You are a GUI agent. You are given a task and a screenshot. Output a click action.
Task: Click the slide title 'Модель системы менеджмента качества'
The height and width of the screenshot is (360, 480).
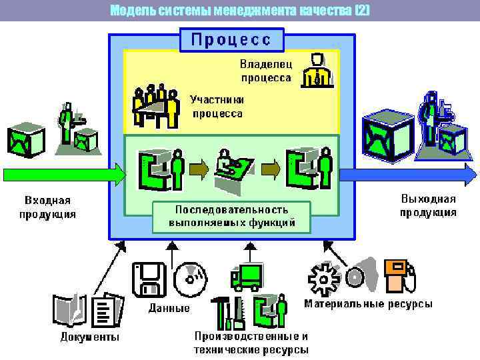[239, 10]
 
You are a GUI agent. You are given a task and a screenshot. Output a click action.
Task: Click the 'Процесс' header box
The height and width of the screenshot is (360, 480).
[231, 39]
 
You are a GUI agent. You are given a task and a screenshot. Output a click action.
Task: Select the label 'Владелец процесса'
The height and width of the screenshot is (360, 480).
[265, 71]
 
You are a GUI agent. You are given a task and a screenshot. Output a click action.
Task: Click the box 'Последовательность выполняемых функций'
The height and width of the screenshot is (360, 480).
[231, 216]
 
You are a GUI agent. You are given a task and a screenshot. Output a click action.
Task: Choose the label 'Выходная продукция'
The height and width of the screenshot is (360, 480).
[428, 205]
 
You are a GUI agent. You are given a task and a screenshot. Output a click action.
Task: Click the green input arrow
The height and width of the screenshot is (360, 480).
[63, 175]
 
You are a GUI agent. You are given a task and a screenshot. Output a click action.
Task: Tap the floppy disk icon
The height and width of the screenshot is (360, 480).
[149, 279]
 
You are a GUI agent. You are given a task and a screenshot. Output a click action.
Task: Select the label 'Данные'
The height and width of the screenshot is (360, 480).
[169, 308]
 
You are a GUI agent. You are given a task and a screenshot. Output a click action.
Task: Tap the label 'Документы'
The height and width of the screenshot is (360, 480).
[90, 337]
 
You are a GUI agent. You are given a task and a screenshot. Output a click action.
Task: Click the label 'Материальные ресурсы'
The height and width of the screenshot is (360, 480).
[368, 304]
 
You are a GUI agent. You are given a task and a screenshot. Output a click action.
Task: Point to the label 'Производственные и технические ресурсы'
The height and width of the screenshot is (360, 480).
[251, 343]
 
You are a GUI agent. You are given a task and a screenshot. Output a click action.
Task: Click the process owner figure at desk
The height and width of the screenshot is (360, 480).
[316, 69]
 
